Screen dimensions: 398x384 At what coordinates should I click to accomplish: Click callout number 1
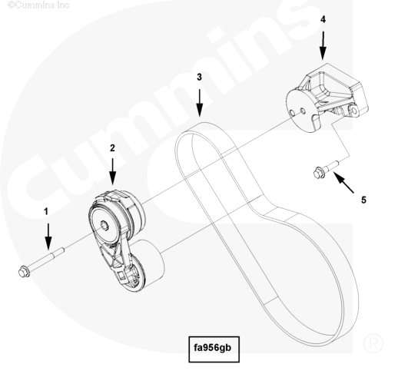click(x=46, y=212)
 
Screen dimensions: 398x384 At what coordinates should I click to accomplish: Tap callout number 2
click(x=112, y=148)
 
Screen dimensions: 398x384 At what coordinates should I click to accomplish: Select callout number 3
click(x=199, y=77)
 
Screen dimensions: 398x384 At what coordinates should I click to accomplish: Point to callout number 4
click(x=323, y=19)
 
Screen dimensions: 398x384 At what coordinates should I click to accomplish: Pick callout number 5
click(x=363, y=200)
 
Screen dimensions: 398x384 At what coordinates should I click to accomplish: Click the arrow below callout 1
click(x=48, y=237)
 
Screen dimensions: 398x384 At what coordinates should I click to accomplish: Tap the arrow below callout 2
click(x=112, y=171)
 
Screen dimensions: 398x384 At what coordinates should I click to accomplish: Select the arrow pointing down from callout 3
click(x=200, y=103)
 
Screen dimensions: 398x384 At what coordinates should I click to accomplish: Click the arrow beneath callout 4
click(x=323, y=45)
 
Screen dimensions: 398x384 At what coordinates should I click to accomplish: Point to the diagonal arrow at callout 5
click(x=343, y=183)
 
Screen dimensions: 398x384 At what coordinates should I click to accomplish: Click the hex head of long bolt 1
click(x=24, y=272)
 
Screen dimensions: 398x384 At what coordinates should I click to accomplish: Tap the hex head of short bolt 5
click(x=319, y=173)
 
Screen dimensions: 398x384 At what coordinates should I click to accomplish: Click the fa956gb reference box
click(x=214, y=349)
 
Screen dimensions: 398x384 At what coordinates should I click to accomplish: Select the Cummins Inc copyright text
click(x=38, y=5)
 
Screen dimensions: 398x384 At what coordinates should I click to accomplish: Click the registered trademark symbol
click(x=373, y=343)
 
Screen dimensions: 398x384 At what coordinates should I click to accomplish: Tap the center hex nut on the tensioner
click(x=104, y=225)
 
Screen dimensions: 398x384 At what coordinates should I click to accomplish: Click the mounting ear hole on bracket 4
click(x=353, y=111)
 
